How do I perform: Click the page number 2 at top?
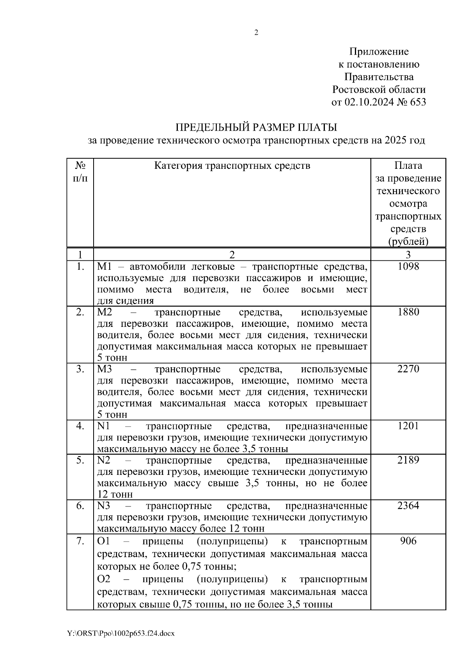point(256,33)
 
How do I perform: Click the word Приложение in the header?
point(379,51)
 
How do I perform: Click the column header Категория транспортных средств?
point(232,166)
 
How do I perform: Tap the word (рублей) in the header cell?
point(408,241)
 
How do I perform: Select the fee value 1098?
point(408,267)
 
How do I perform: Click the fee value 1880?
point(408,312)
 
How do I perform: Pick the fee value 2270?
point(408,369)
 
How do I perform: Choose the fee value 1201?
point(408,426)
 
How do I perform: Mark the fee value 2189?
point(408,460)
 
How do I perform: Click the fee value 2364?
point(408,506)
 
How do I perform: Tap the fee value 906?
point(408,541)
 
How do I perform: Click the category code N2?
point(104,460)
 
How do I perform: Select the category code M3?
point(104,369)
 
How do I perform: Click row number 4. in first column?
point(80,426)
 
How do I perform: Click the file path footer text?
point(121,634)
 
